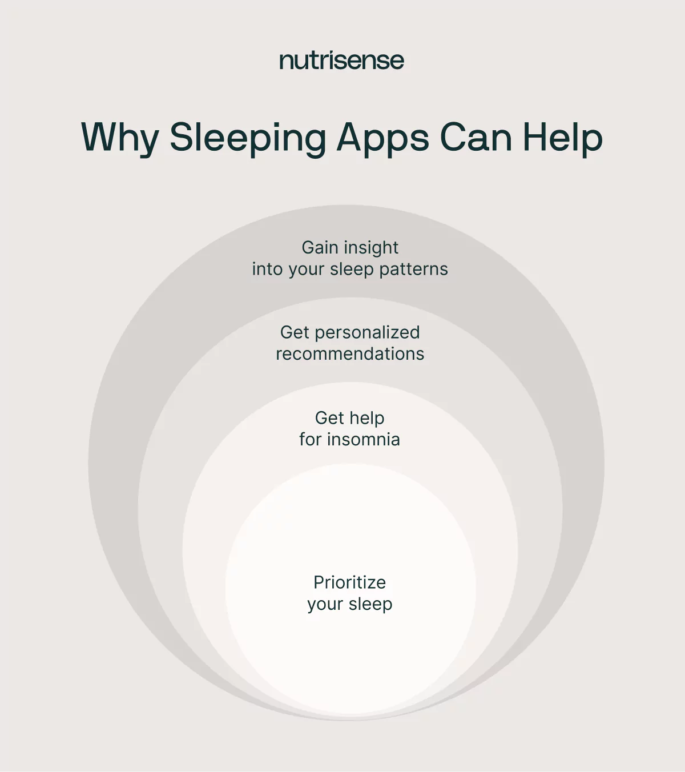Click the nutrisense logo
tap(341, 61)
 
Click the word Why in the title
tap(120, 138)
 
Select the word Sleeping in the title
tap(248, 138)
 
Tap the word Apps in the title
tap(382, 138)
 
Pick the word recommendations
tap(350, 354)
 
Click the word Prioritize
tap(349, 582)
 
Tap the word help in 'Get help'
tap(366, 418)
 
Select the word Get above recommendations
tap(295, 332)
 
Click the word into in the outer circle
tap(267, 269)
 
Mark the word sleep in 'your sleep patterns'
tap(352, 269)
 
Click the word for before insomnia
tap(310, 439)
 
